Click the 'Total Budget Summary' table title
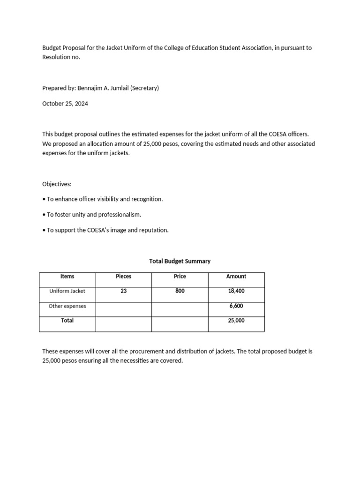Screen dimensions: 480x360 pos(180,261)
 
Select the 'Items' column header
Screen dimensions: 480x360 pos(67,277)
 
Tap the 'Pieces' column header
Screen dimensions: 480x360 pos(124,277)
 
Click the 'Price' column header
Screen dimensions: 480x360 pos(180,277)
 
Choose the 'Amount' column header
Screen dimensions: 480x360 pos(236,277)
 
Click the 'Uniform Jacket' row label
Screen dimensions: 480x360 pos(67,291)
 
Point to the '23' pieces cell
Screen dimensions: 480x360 pos(124,291)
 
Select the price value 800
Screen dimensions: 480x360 pos(180,291)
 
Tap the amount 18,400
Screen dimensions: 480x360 pos(236,291)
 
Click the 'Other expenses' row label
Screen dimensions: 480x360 pos(67,306)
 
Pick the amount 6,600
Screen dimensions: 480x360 pos(236,306)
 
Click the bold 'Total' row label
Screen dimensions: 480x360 pos(67,321)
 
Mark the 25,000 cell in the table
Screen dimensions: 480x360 pos(236,321)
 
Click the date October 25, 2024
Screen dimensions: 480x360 pos(65,104)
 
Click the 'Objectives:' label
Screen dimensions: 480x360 pos(57,184)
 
